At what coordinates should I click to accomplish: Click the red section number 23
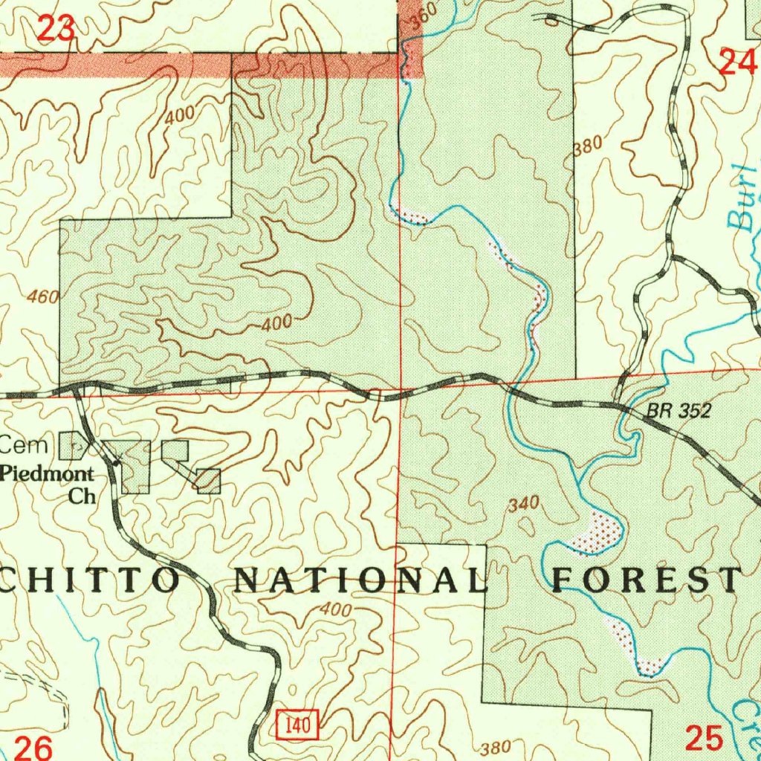56,29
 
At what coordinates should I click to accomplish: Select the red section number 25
703,738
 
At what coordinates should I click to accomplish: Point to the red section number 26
34,747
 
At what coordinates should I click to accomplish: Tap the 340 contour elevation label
523,505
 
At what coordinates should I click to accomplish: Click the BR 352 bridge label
679,410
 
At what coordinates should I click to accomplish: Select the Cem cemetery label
24,446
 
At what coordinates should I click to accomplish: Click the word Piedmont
48,473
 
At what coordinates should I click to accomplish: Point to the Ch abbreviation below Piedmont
82,496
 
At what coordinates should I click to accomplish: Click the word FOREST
647,578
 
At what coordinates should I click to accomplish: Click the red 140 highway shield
299,723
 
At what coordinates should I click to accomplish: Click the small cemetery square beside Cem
71,446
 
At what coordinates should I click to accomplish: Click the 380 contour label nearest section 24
587,146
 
